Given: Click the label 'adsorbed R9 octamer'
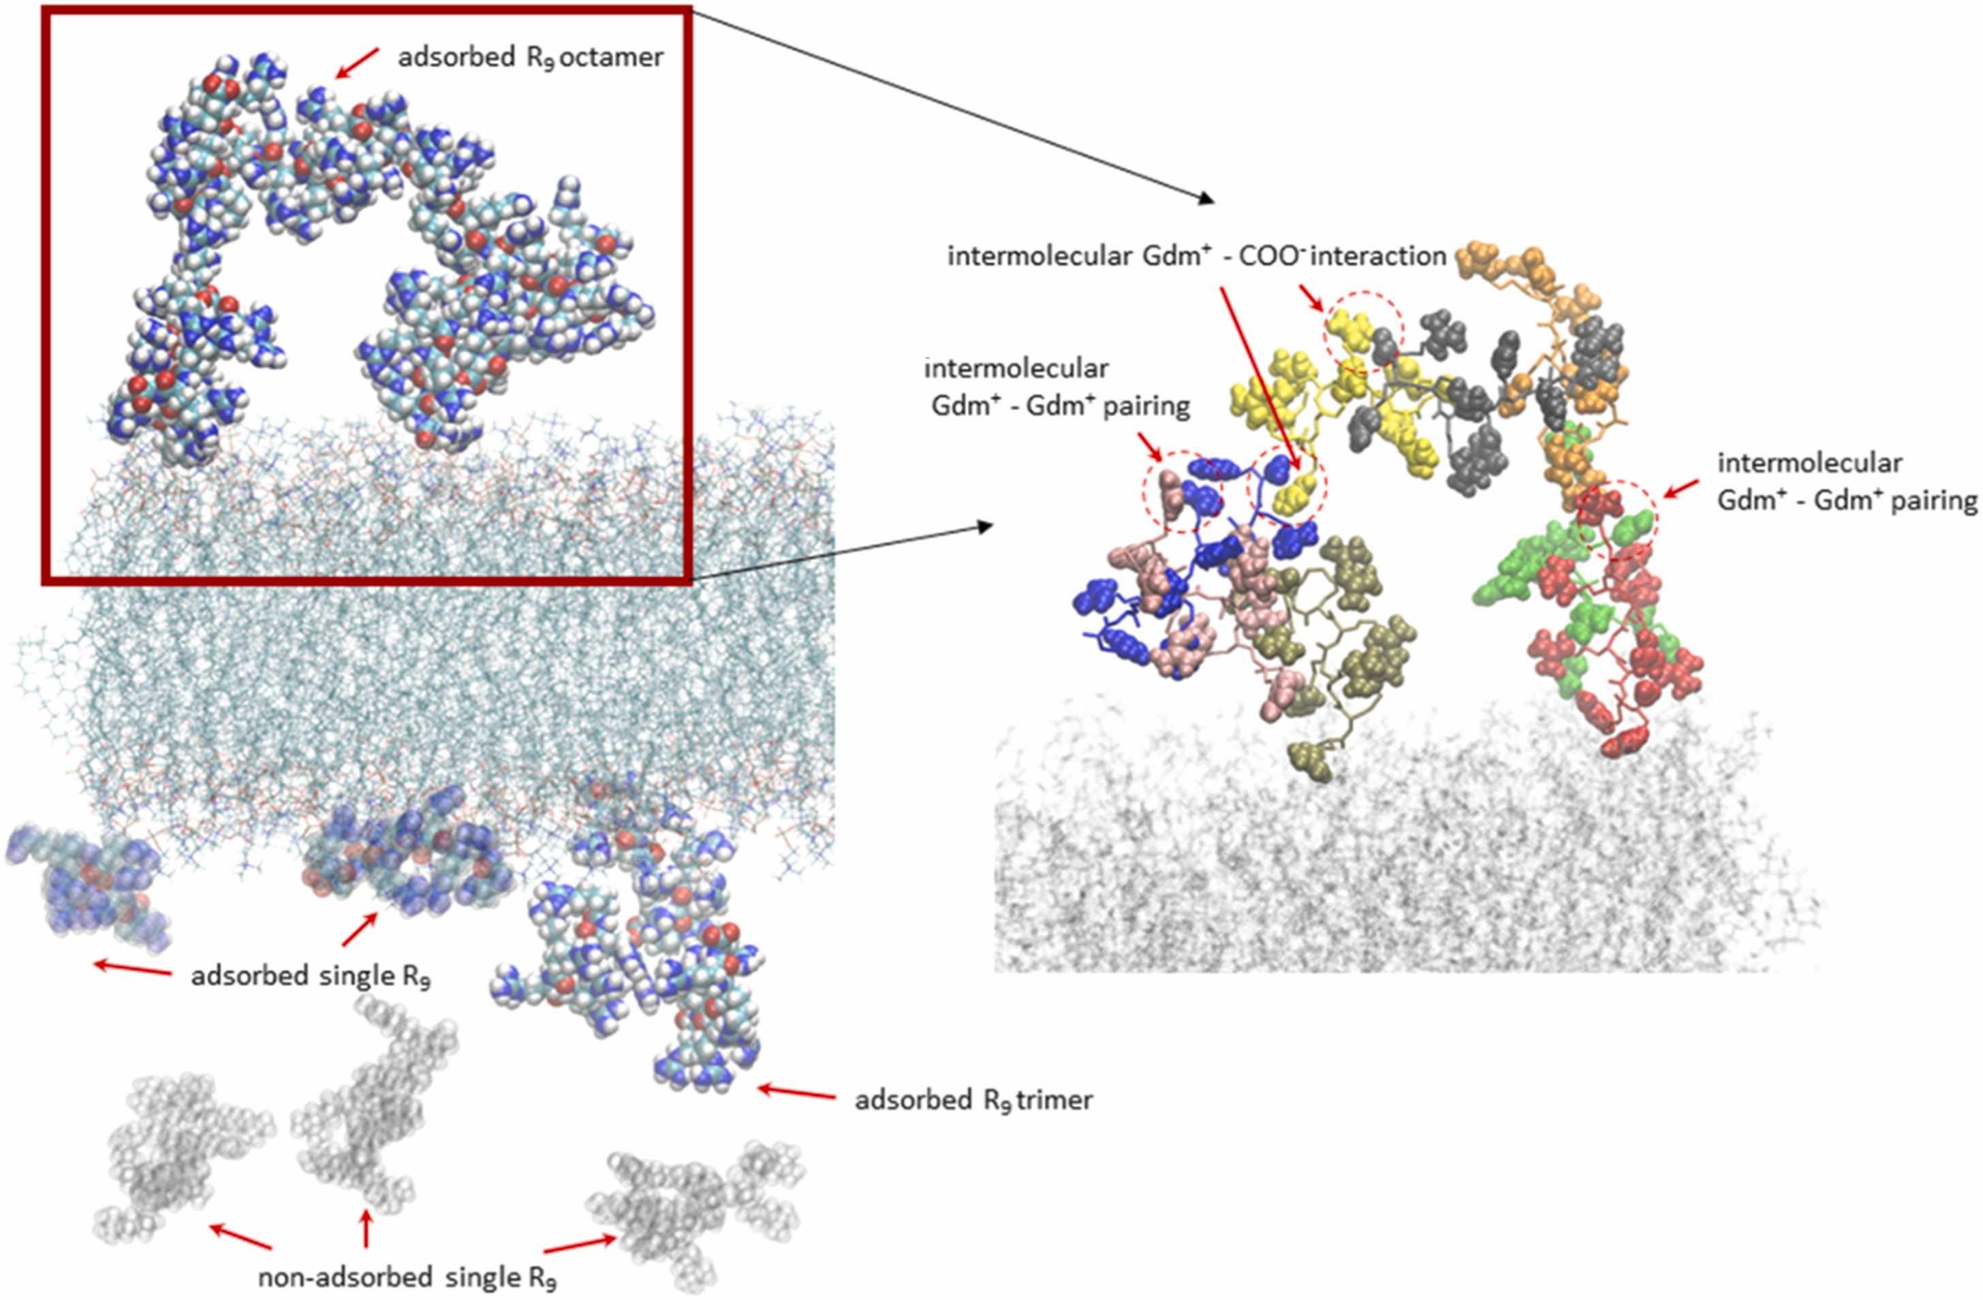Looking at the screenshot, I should click(530, 57).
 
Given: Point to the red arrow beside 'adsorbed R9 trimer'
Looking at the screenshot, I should click(798, 1092).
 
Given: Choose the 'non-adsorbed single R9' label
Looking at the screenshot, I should click(407, 1278).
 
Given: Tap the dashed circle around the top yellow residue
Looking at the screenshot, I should click(1362, 331).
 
